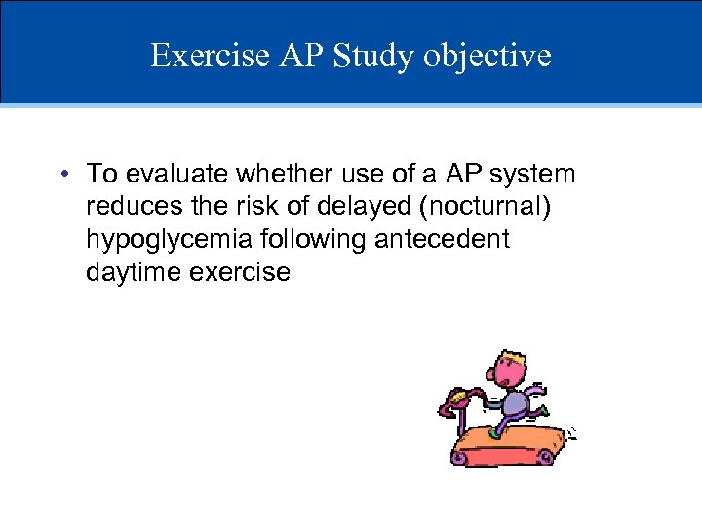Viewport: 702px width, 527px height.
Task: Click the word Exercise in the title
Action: (208, 56)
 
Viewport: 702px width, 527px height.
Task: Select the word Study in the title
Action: (372, 56)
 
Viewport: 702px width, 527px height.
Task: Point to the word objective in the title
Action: (487, 56)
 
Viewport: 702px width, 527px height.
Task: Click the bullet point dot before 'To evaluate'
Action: (62, 176)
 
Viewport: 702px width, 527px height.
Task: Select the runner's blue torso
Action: (514, 402)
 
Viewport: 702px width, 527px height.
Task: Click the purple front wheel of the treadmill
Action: (460, 456)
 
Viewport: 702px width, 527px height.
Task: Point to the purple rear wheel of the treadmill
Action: (547, 456)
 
